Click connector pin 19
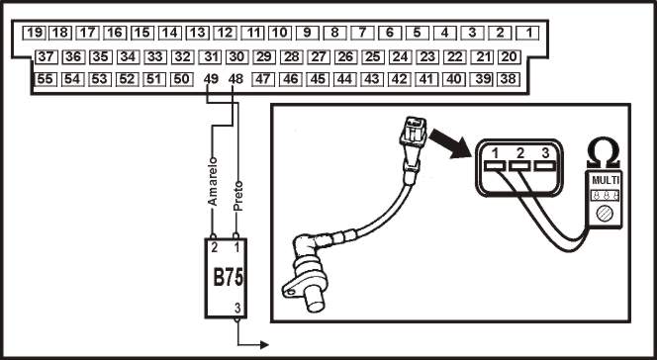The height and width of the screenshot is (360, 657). point(35,33)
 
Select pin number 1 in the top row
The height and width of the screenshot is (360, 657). point(528,33)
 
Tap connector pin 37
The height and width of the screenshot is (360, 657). point(47,56)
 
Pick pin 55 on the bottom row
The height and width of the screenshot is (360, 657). point(46,79)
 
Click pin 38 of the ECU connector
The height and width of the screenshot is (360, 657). point(509,79)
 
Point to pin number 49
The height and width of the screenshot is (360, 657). point(211,79)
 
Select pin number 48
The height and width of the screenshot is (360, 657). point(235,79)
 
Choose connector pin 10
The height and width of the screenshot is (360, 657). point(280,33)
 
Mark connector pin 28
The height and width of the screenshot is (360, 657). point(292,56)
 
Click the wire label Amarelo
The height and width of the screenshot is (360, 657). point(213,181)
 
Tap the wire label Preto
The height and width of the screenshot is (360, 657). point(238,196)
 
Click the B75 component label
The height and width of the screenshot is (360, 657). point(229,277)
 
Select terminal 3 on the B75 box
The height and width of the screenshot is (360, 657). point(237,309)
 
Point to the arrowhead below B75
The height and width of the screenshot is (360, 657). point(264,345)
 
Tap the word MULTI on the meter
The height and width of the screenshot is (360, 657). point(605,180)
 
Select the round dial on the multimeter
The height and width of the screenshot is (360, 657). point(605,214)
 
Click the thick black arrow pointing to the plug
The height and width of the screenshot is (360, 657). point(450,143)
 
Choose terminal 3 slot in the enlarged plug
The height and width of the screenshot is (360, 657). point(545,166)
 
